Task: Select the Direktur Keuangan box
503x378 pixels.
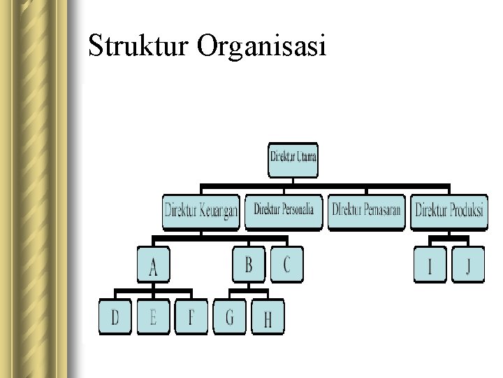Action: click(201, 211)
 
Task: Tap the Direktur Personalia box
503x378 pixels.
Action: click(284, 211)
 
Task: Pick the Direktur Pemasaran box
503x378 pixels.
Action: click(366, 211)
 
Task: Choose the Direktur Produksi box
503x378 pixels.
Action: click(449, 211)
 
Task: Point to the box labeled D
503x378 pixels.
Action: click(116, 318)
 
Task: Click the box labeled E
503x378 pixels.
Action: click(154, 318)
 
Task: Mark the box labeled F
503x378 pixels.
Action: click(191, 318)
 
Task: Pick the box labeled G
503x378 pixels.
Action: click(230, 318)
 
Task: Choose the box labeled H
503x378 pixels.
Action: click(268, 319)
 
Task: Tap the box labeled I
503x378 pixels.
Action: click(430, 266)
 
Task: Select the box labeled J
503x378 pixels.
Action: click(468, 266)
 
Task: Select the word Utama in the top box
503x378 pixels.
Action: click(306, 156)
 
